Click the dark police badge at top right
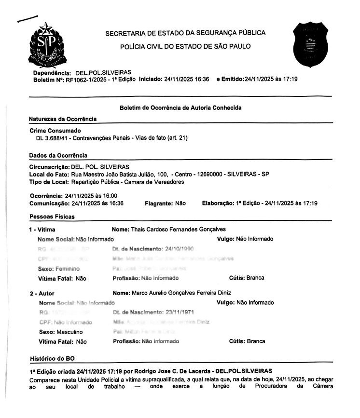point(312,44)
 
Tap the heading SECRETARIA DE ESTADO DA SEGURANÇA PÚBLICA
point(185,33)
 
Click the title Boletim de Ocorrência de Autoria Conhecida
point(180,108)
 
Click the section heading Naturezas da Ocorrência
point(63,119)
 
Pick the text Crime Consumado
point(55,131)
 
